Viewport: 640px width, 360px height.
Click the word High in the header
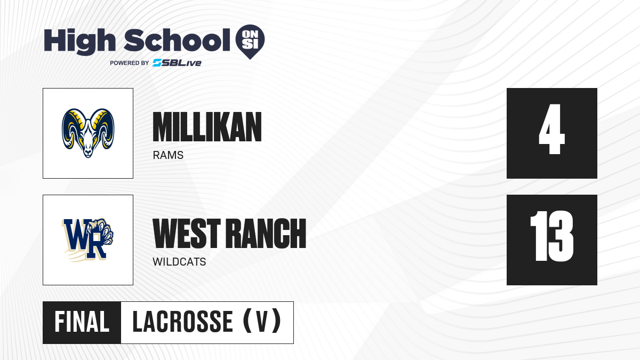[x=79, y=42]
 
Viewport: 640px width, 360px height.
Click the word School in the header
[x=177, y=40]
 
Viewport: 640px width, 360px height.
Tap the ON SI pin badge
[x=250, y=42]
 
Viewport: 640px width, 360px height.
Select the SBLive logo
[x=177, y=63]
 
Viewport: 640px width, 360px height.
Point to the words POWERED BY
[x=130, y=63]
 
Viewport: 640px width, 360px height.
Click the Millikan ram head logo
[x=88, y=133]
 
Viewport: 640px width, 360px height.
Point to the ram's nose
[x=88, y=152]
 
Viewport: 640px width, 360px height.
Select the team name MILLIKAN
[x=207, y=127]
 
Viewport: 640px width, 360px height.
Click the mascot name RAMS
[x=168, y=155]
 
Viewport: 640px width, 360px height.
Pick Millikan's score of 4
[x=551, y=129]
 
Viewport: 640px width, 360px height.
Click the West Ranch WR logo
[x=88, y=240]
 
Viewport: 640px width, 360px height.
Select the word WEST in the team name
[x=187, y=234]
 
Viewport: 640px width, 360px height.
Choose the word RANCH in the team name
[x=266, y=234]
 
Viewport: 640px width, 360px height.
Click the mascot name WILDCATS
[x=179, y=262]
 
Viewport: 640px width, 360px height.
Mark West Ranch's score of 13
[x=551, y=236]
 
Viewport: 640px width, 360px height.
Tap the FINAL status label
[x=82, y=322]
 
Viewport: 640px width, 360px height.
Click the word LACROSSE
[x=183, y=322]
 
